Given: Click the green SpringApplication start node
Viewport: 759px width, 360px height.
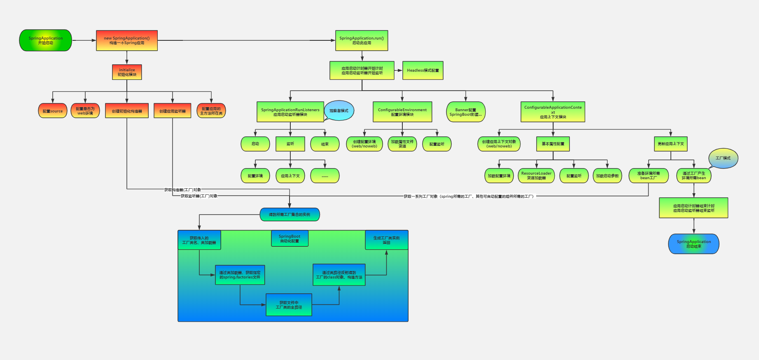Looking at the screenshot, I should (x=45, y=40).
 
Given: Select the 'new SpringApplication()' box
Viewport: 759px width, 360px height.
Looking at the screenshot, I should (x=127, y=40).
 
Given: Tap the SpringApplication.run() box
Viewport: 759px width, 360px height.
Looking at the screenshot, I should (x=362, y=40).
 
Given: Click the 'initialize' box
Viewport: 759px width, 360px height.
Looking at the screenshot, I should (x=127, y=72).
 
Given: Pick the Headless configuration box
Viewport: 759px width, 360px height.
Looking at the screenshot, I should (x=423, y=70).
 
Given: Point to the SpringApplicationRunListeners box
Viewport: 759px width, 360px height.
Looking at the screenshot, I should (x=290, y=112).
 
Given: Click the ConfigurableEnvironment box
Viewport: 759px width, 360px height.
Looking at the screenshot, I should (x=402, y=112).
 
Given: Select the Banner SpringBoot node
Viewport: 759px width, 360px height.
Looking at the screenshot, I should (x=466, y=112).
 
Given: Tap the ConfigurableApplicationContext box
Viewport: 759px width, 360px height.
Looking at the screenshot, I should (x=553, y=112).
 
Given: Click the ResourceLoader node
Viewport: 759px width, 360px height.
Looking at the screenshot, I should (x=536, y=175).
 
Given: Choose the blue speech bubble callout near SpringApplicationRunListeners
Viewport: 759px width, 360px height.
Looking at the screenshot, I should (x=339, y=110).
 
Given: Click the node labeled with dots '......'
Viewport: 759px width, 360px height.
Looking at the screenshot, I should (x=325, y=176).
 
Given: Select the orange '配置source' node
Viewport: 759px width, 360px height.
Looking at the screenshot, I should (x=53, y=111).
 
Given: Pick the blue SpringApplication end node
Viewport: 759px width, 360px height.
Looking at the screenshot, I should (x=694, y=244).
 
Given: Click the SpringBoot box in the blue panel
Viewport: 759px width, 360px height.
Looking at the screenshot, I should (x=290, y=238).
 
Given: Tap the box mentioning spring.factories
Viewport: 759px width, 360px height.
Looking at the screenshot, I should (x=240, y=275).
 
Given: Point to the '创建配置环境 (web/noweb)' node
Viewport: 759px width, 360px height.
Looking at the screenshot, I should (x=364, y=144).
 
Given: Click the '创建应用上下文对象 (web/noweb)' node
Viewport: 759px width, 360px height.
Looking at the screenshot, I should (x=499, y=144).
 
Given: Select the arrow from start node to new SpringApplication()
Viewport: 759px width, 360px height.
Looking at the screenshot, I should (x=84, y=40).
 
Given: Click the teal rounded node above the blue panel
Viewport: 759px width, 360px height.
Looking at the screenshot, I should (x=290, y=215).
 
